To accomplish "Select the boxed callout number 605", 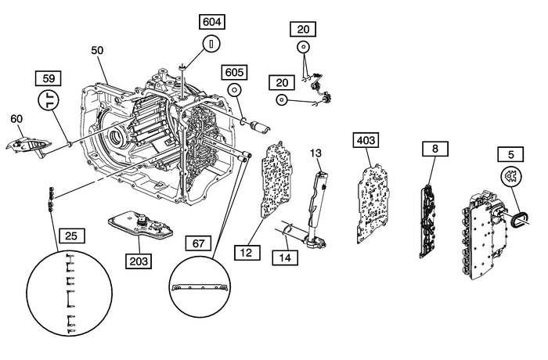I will point(234,72).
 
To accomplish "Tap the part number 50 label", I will point(97,50).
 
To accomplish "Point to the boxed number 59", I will point(49,79).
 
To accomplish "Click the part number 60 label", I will point(16,119).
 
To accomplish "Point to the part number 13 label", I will point(316,151).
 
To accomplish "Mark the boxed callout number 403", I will point(366,140).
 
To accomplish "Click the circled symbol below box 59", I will point(49,102).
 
